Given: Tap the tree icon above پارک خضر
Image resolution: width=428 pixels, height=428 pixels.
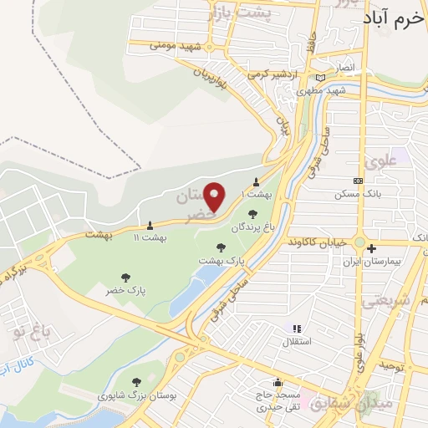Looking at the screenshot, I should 125,277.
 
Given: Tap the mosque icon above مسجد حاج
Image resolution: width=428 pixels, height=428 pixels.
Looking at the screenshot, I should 278,383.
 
